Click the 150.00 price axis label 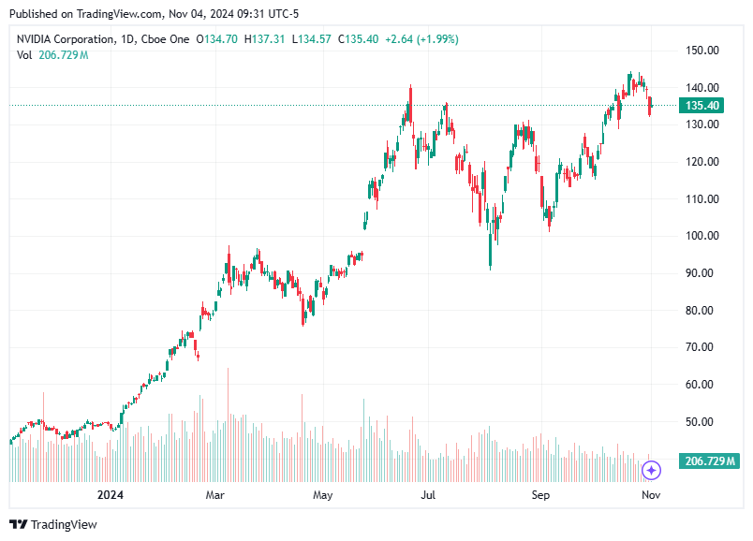click(701, 50)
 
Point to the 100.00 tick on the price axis click(701, 236)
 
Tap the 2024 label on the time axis click(111, 494)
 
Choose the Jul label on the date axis click(429, 494)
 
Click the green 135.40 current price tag click(701, 106)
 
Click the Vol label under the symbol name click(25, 55)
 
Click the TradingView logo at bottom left click(53, 525)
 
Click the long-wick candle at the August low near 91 click(491, 253)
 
